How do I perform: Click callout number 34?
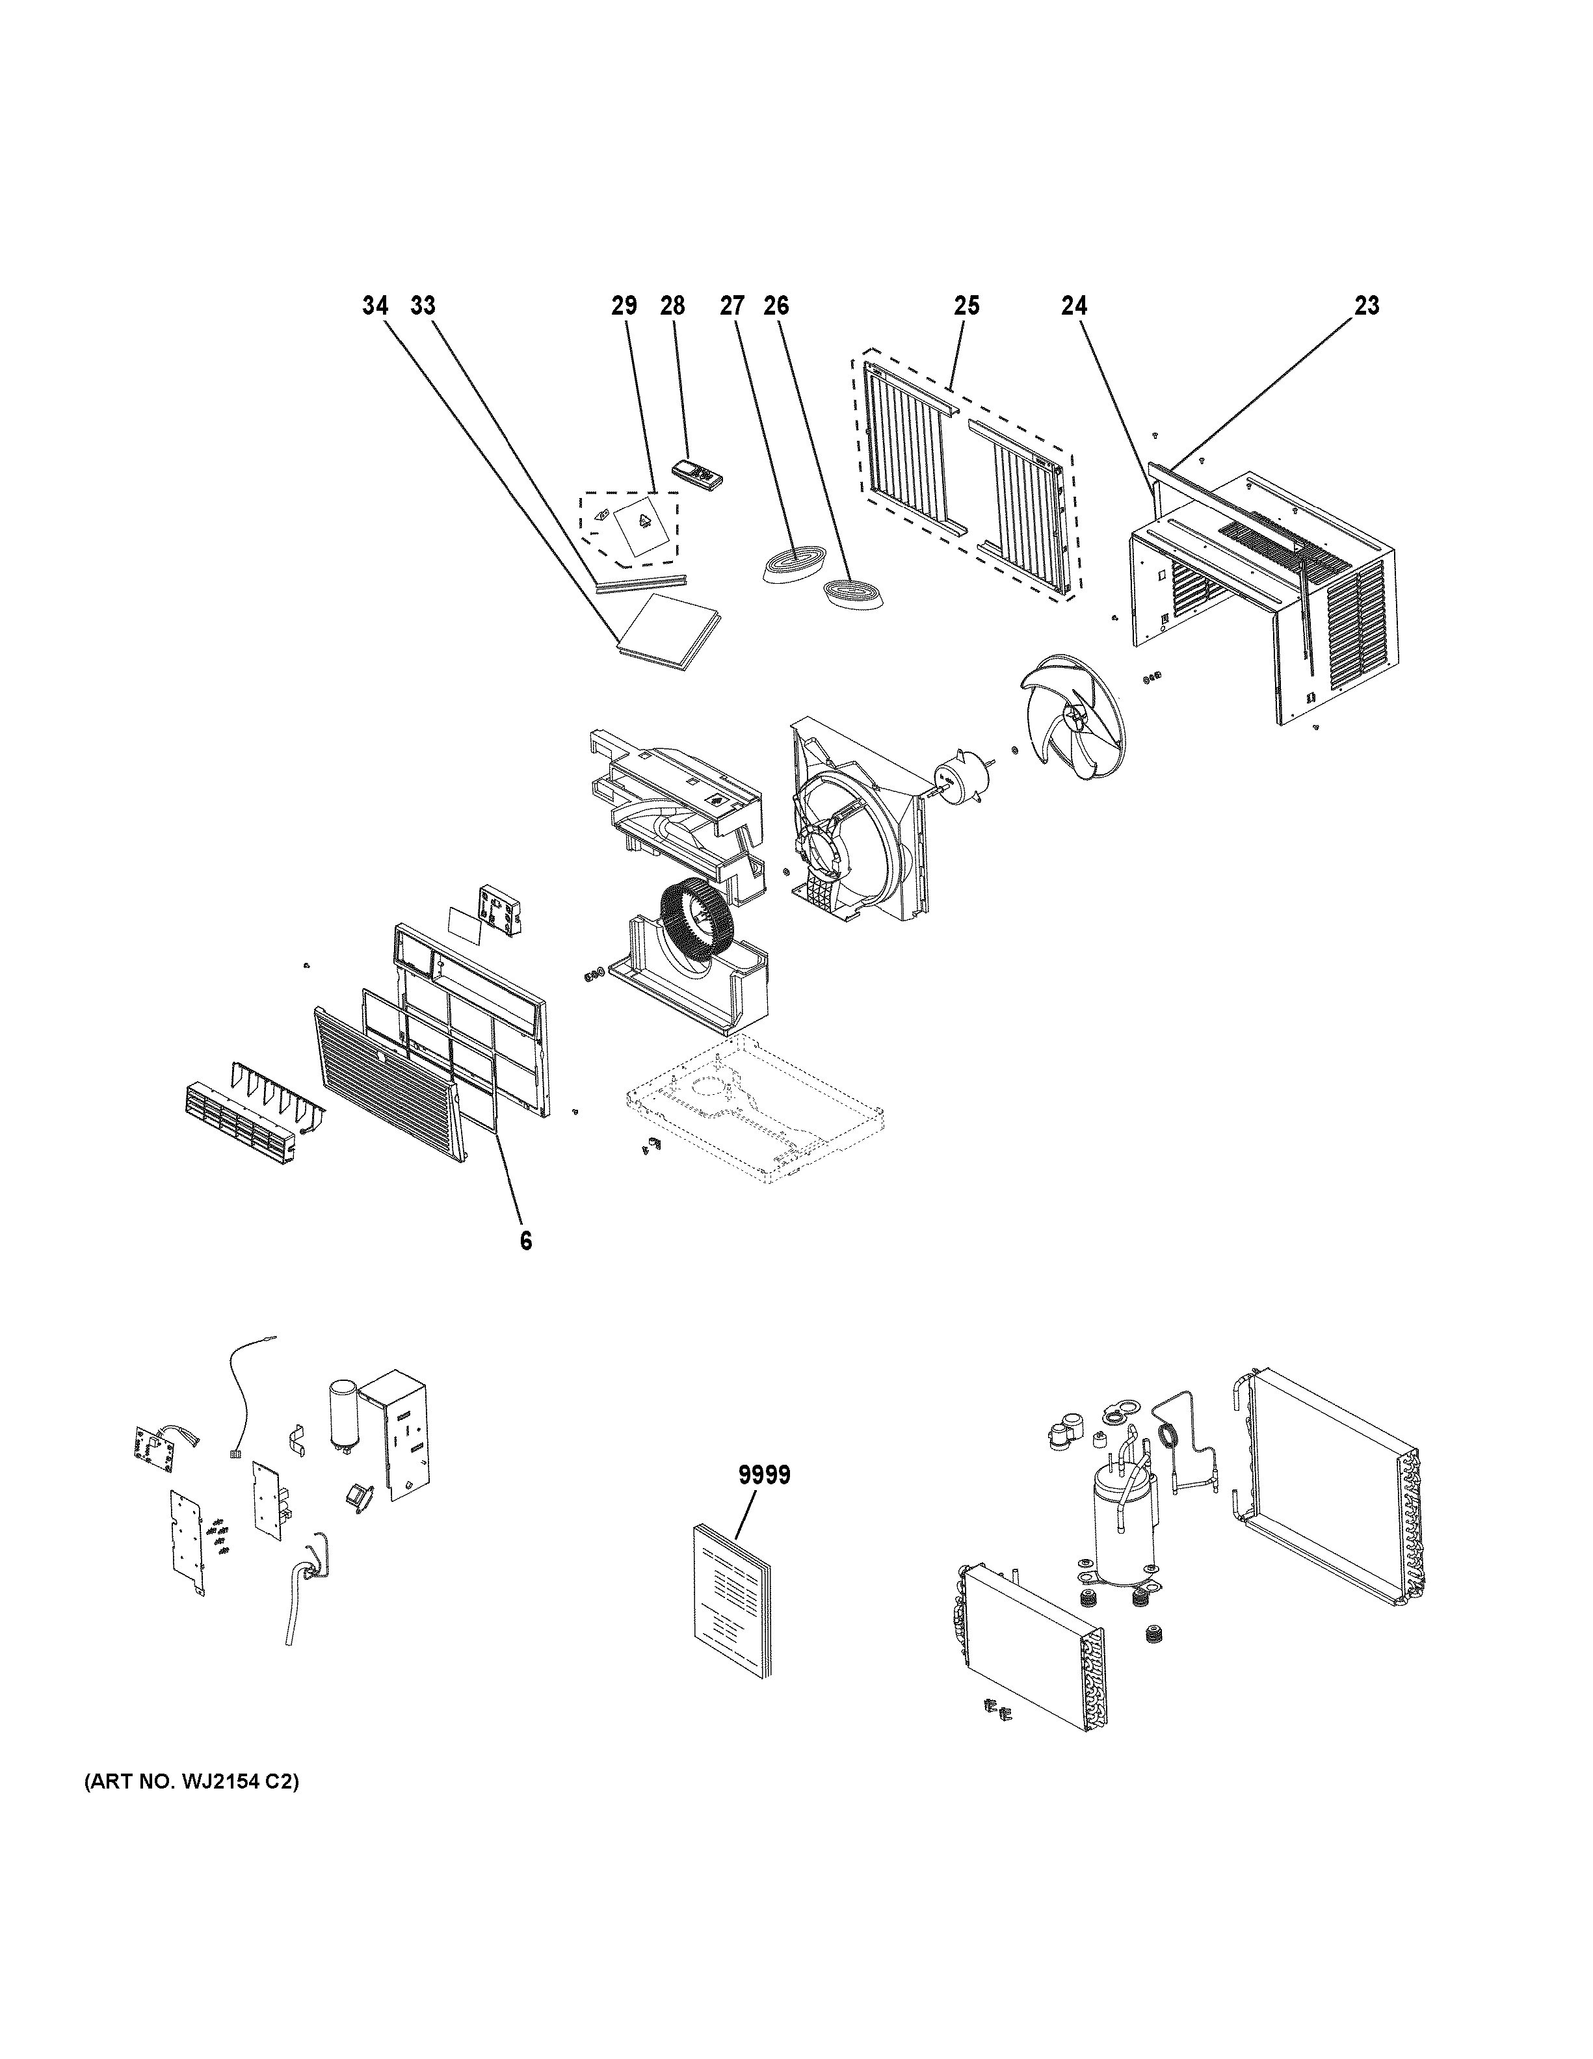pyautogui.click(x=375, y=306)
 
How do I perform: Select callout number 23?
pyautogui.click(x=1366, y=306)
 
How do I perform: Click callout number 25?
pyautogui.click(x=966, y=306)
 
